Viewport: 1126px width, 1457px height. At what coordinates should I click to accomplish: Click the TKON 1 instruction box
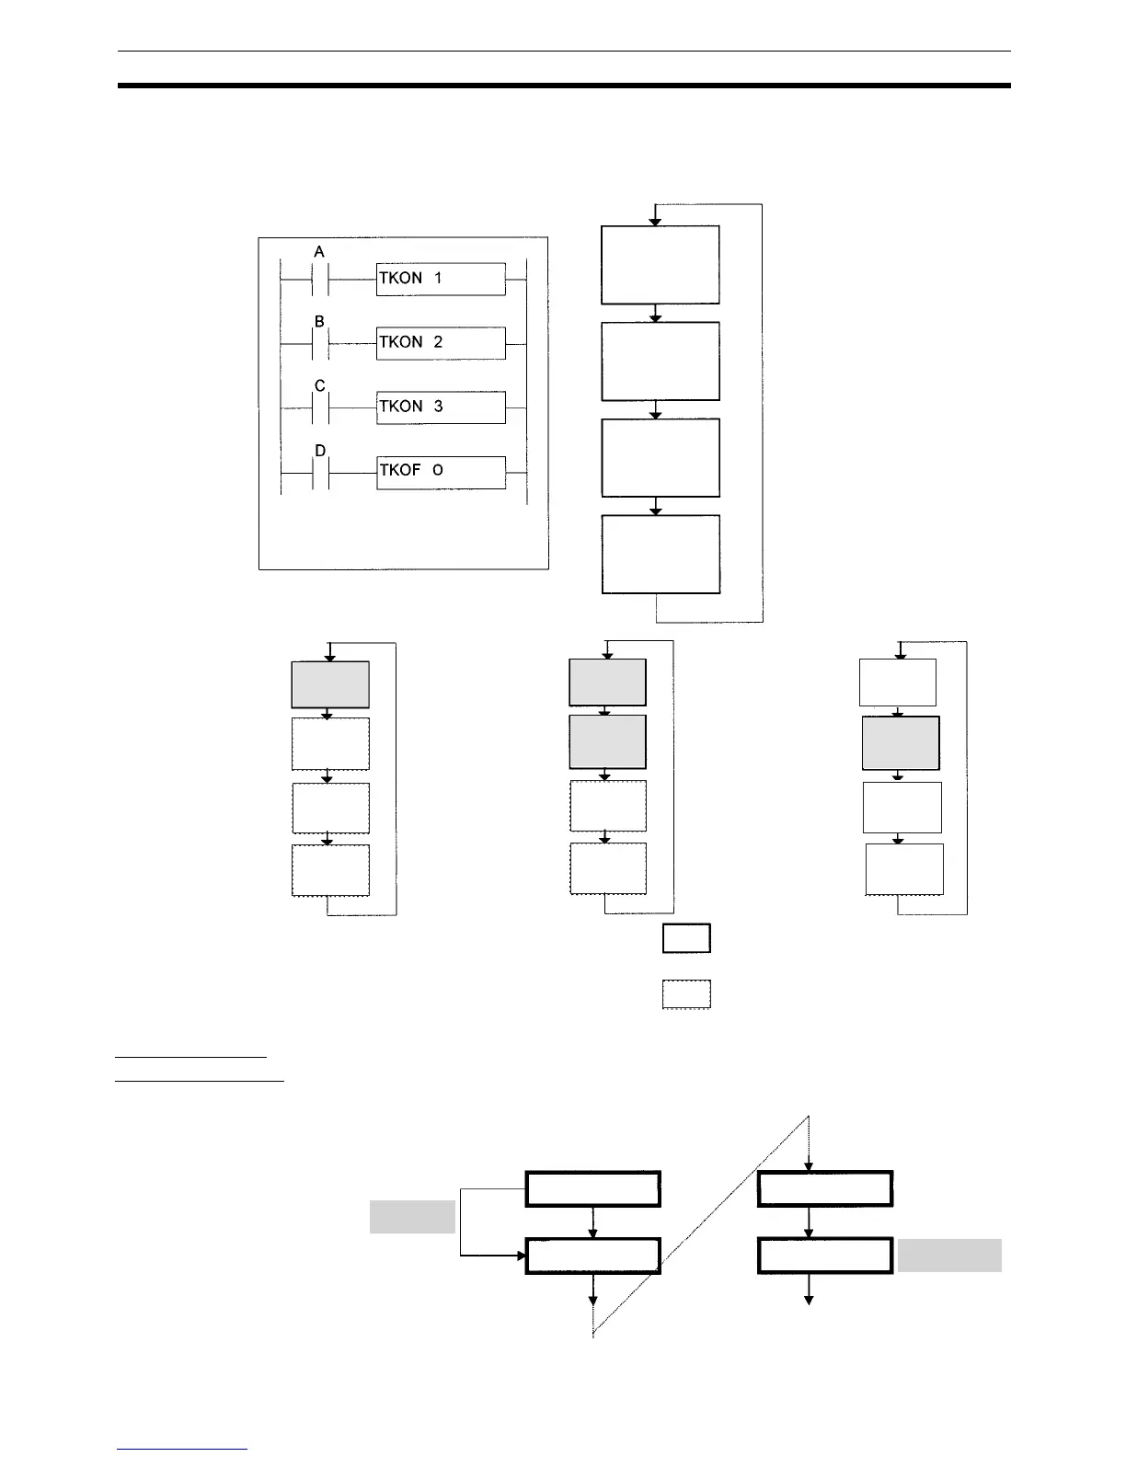441,279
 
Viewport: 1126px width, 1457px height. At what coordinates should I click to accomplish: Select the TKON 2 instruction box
441,343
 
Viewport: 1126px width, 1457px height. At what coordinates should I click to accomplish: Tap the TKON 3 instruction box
441,407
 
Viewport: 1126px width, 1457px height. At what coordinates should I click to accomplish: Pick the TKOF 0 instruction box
441,472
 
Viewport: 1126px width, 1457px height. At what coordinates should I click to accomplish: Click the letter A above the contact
319,252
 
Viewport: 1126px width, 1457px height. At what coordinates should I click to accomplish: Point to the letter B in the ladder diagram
319,322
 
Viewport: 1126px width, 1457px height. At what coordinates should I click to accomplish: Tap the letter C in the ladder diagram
320,386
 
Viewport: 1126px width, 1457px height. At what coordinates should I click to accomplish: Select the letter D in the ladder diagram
320,451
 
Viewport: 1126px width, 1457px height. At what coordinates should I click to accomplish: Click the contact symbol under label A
320,279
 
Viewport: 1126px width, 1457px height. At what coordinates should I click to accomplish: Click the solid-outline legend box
686,938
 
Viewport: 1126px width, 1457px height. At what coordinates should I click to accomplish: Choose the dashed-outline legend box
686,994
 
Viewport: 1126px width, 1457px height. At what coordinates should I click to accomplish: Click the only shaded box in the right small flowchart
901,743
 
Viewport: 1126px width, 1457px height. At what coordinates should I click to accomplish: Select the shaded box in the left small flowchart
330,684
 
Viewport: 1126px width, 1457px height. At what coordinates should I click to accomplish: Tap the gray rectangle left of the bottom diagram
412,1216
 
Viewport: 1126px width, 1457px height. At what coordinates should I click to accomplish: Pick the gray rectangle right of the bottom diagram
949,1256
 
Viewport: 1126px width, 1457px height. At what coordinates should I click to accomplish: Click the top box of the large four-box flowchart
660,265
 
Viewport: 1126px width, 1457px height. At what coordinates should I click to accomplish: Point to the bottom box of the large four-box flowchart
661,555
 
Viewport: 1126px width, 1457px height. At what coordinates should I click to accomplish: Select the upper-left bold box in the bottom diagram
593,1188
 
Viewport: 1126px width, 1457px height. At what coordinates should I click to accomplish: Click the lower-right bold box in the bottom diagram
825,1256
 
